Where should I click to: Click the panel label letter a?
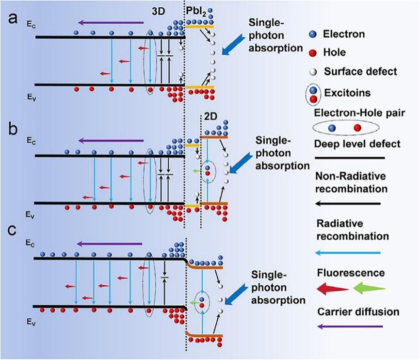coord(12,19)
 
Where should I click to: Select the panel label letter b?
coord(13,129)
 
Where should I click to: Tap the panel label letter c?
coord(12,230)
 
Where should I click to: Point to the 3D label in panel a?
coord(158,11)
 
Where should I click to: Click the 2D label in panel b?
coord(210,117)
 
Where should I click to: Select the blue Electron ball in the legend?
coord(313,34)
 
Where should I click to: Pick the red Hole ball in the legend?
coord(313,53)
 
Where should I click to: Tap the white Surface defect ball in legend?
coord(313,72)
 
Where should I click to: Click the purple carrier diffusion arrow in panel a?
coord(111,23)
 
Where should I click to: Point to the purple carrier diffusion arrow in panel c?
coord(109,244)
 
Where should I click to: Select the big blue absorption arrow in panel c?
coord(236,295)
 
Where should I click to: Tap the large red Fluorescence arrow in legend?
coord(333,289)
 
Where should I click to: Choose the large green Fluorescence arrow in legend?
coord(370,288)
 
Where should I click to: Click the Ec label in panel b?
coord(31,141)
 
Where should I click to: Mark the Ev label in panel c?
coord(31,323)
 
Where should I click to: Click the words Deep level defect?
coord(357,144)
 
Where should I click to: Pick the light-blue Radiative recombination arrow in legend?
coord(348,253)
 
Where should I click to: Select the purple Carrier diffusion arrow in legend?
coord(350,326)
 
